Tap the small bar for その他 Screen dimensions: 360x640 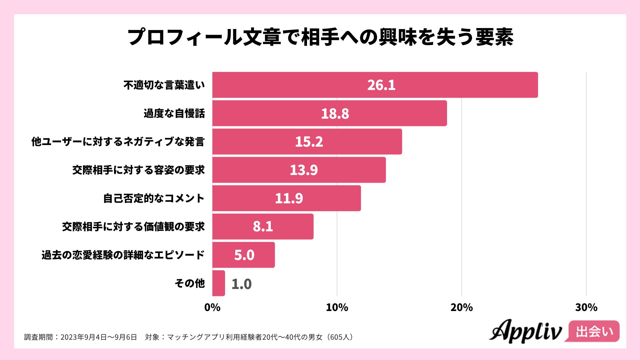pos(219,283)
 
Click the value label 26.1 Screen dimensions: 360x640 pos(381,85)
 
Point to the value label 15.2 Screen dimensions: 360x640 pos(309,142)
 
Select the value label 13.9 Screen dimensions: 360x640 pos(304,170)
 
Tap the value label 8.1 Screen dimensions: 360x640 pos(263,227)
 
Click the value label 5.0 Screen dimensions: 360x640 pos(244,255)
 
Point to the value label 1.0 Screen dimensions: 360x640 pos(241,284)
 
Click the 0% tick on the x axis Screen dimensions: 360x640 pos(212,307)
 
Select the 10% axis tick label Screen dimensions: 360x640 pos(337,307)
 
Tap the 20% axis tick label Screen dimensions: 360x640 pos(461,307)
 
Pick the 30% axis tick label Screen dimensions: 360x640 pos(586,307)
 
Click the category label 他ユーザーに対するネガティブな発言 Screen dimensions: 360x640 pos(118,142)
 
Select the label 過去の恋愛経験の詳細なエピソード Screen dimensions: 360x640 pos(123,255)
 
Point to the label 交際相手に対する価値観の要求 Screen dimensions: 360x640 pos(133,227)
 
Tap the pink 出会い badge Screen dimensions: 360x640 pos(594,331)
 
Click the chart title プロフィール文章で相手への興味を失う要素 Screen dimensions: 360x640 pos(320,37)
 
